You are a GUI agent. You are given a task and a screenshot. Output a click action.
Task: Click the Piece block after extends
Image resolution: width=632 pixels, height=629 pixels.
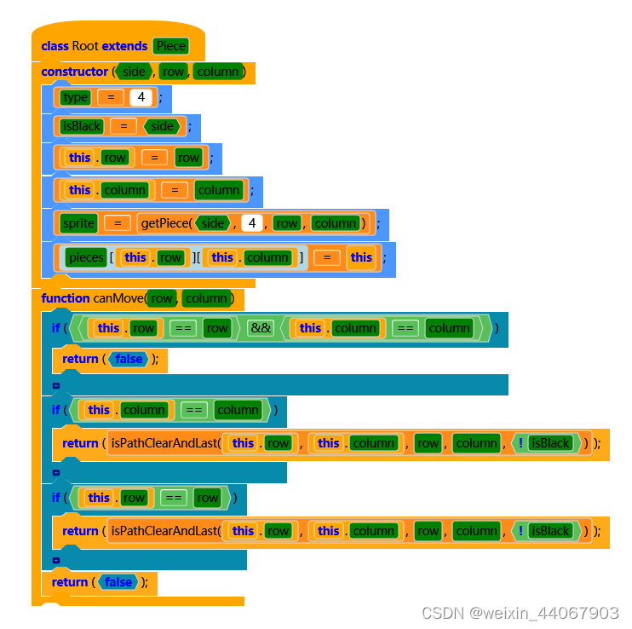[x=170, y=46]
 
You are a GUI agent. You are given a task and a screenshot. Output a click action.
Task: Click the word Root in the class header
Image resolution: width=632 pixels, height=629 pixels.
[x=85, y=46]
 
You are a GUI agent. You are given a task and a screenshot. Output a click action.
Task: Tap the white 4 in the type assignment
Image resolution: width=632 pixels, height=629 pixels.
[x=141, y=97]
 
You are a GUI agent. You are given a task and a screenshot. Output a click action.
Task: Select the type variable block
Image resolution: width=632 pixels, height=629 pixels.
[x=75, y=97]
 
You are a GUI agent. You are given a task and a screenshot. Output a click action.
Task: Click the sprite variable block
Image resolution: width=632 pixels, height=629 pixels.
[x=78, y=223]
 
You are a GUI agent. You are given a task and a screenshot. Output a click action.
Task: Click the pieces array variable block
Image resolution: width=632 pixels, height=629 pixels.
[x=85, y=257]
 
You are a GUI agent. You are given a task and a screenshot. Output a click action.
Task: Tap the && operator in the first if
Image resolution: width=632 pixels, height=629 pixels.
[x=261, y=328]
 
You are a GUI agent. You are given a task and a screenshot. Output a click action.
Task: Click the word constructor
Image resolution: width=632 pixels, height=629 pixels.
[x=74, y=72]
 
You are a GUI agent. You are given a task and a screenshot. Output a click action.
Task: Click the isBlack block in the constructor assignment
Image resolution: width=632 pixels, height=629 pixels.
[x=82, y=126]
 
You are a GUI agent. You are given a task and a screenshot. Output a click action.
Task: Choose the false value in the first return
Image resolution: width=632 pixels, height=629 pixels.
[x=129, y=359]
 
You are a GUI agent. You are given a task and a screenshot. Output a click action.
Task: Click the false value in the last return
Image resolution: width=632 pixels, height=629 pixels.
[x=118, y=582]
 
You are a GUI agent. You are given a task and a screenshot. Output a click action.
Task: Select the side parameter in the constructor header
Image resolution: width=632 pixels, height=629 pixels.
[x=135, y=72]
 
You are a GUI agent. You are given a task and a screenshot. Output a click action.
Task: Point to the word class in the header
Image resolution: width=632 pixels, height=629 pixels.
[x=55, y=46]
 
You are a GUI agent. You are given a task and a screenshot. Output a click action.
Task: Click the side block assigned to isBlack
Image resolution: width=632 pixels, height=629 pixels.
[x=162, y=126]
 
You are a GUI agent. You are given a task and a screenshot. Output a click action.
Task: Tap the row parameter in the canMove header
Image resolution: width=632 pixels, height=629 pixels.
[x=161, y=298]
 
